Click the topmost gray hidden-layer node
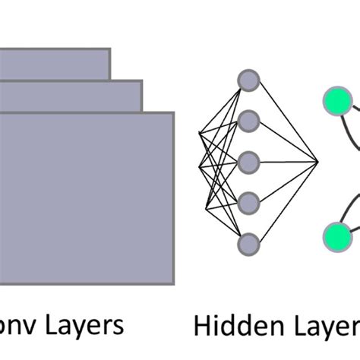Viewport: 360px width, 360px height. click(248, 79)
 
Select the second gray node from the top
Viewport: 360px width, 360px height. click(248, 120)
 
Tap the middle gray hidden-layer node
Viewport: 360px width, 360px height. click(248, 161)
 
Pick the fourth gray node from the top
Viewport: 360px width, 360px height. click(248, 202)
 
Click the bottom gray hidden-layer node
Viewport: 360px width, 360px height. click(248, 243)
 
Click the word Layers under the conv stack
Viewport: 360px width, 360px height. click(84, 326)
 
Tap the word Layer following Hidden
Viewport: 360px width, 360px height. click(324, 327)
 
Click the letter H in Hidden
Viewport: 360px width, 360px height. click(201, 326)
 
